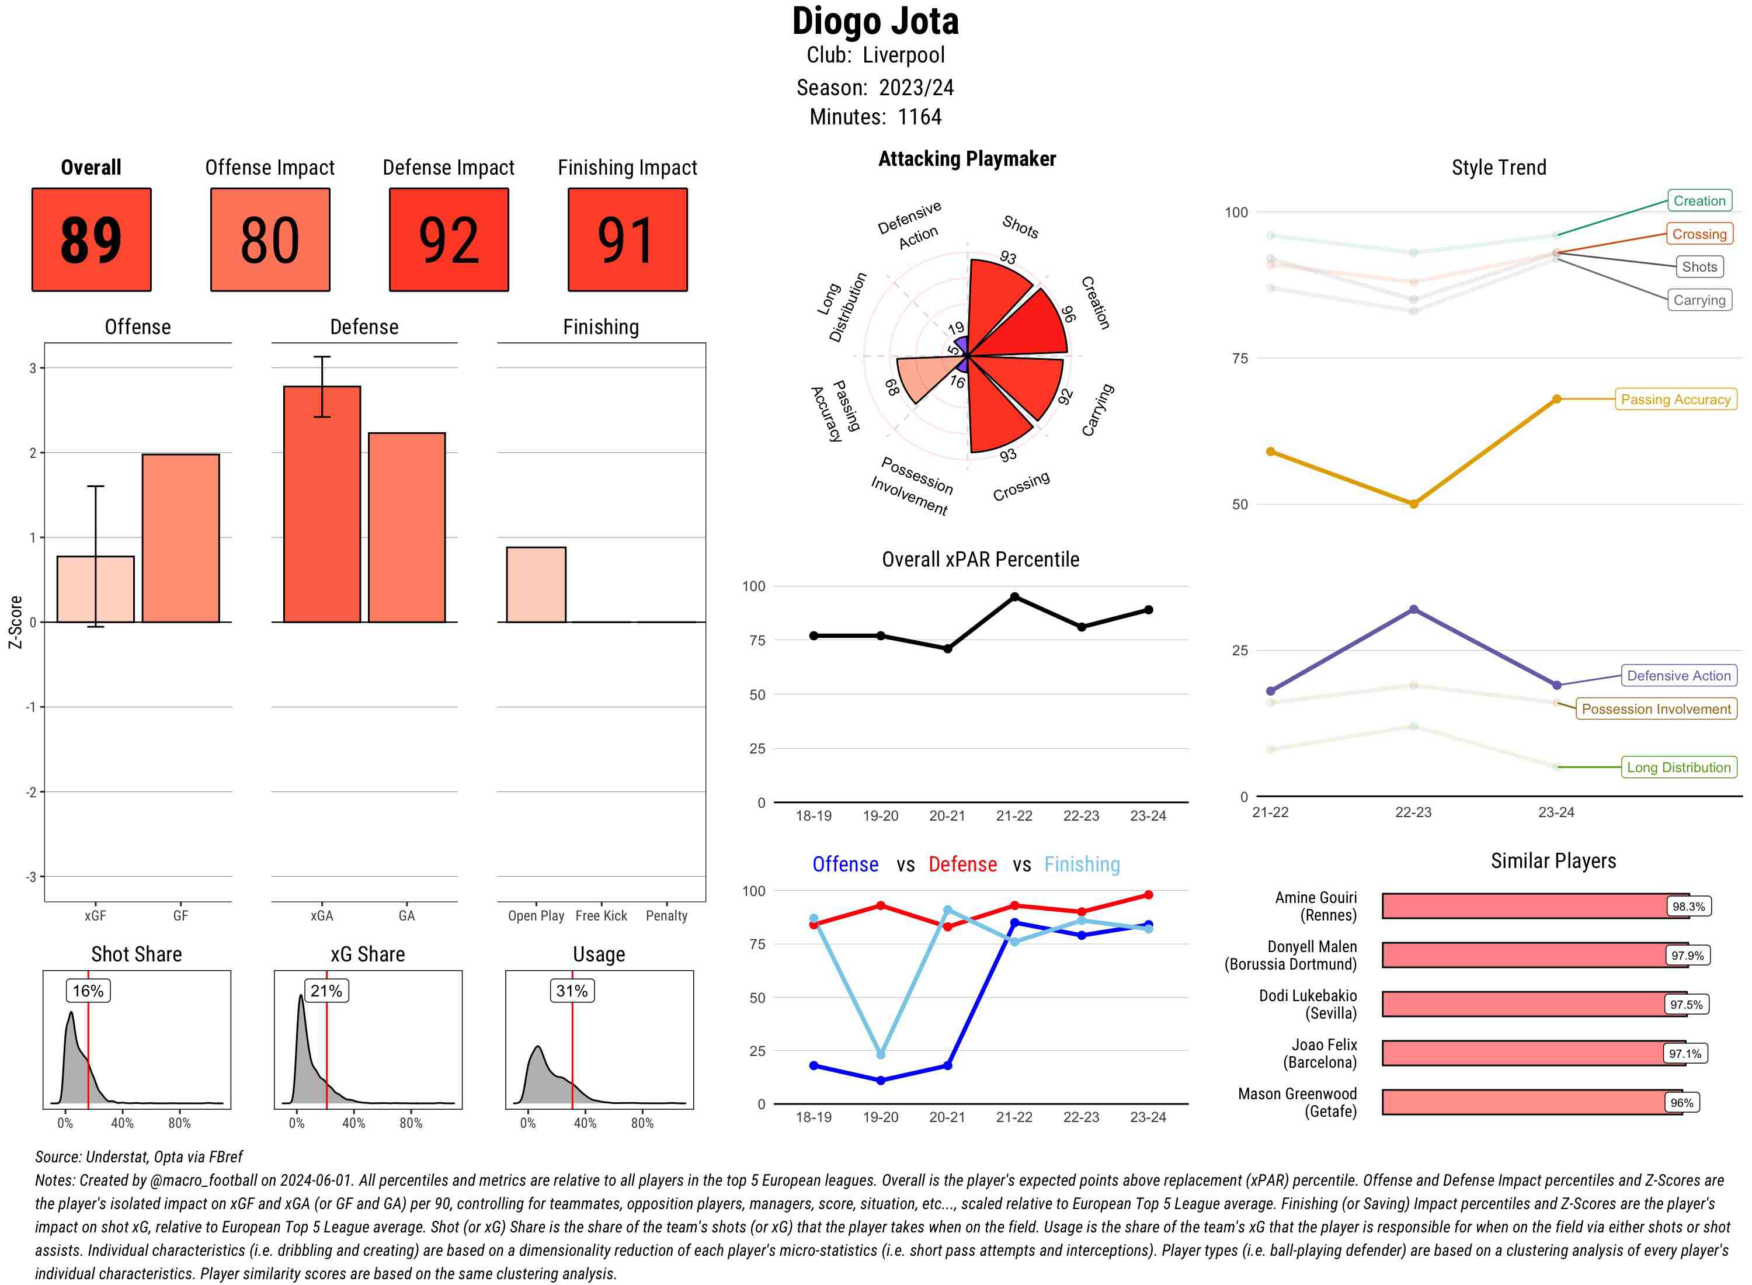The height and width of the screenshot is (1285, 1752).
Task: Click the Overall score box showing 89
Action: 91,239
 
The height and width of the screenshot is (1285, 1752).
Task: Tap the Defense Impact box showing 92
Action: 449,239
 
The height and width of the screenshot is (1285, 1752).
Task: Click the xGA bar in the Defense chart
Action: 322,504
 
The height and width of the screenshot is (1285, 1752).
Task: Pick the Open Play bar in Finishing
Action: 536,584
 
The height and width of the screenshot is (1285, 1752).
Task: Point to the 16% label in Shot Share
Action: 88,990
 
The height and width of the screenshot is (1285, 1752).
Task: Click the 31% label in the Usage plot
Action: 572,990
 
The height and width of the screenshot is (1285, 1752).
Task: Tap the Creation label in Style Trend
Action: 1698,201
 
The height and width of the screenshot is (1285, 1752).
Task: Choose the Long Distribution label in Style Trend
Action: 1678,767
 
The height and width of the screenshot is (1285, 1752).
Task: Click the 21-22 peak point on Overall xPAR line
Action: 1014,596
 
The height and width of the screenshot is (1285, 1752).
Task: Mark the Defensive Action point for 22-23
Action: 1413,610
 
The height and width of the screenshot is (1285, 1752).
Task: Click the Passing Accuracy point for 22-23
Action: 1413,504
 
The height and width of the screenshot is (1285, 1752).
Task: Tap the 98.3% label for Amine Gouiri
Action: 1688,906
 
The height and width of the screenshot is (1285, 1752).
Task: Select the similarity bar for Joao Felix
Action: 1524,1053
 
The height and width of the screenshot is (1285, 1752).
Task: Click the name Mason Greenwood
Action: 1296,1093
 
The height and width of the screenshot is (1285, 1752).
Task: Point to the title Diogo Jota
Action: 875,22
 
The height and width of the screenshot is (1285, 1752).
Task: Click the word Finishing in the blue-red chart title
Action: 1082,864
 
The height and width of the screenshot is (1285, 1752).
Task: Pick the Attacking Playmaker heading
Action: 967,159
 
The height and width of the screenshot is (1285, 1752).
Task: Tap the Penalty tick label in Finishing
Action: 666,915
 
